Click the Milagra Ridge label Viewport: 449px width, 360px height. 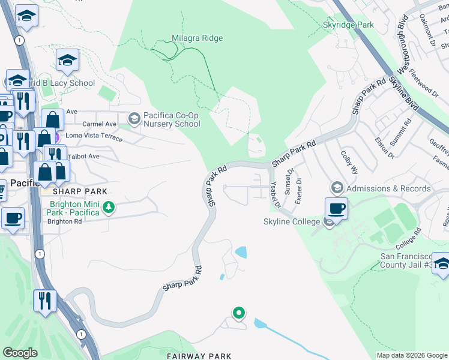tap(197, 38)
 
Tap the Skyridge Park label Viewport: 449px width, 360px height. tap(348, 25)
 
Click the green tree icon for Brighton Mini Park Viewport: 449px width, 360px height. tap(109, 208)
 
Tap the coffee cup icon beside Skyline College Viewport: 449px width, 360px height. tap(336, 209)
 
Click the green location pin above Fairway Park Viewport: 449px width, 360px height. tap(239, 313)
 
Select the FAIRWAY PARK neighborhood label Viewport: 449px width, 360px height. tap(199, 356)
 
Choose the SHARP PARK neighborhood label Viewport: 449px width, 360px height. tap(79, 191)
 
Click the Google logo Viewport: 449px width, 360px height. tap(20, 353)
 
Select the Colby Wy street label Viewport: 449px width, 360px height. tap(349, 163)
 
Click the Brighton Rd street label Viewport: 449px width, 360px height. tap(65, 221)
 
